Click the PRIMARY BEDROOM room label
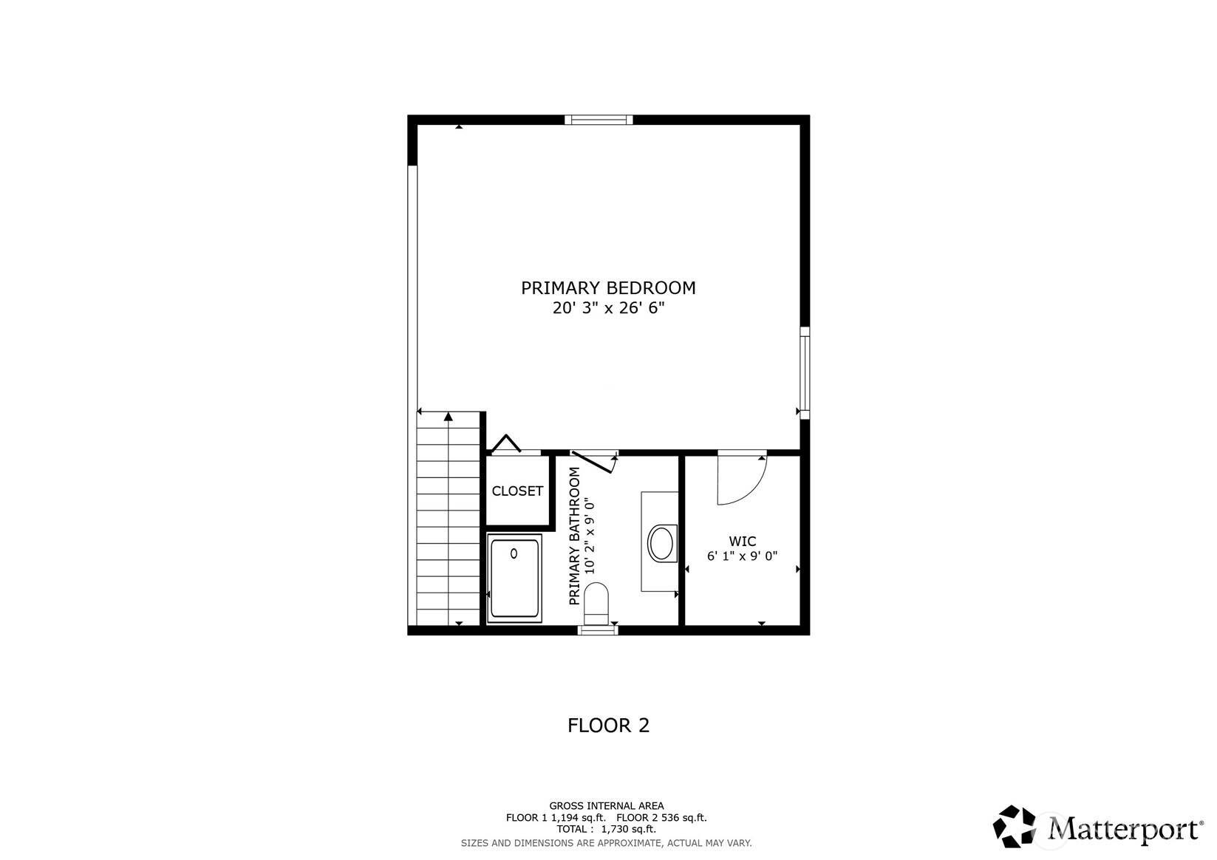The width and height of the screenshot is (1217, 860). pos(608,288)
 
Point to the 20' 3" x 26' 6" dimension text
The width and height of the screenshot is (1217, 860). pos(608,308)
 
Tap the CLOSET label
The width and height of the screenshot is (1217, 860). pos(517,491)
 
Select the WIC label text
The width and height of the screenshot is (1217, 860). pos(742,542)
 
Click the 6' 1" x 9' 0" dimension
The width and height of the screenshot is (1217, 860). pos(742,556)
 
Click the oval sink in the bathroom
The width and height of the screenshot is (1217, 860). pos(661,544)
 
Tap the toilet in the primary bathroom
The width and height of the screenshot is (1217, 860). pos(596,601)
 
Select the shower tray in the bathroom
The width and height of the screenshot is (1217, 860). pos(515,578)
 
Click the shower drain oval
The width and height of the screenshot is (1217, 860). pos(514,553)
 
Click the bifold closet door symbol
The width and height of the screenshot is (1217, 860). pos(506,443)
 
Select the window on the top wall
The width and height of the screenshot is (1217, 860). pos(599,120)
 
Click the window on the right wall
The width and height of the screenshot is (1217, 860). pos(805,373)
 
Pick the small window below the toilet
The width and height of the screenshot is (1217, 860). pos(598,630)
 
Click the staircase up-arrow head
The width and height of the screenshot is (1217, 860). pos(449,417)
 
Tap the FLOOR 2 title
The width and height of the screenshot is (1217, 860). pos(608,726)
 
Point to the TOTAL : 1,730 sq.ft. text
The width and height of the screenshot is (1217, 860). pos(606,830)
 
